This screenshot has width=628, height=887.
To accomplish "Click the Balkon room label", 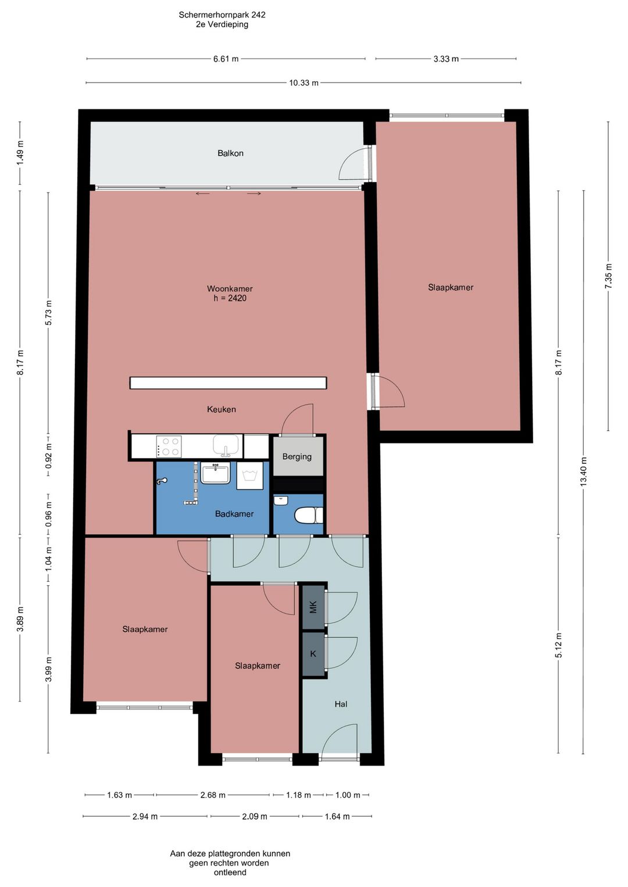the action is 230,153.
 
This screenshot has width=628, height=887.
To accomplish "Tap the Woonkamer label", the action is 230,289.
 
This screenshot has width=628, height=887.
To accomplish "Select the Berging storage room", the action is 297,456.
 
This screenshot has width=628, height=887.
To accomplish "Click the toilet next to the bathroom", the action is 309,516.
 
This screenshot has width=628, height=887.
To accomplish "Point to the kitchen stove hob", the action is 169,446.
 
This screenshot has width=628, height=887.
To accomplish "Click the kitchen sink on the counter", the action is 226,445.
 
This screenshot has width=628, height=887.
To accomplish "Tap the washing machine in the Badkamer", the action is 250,475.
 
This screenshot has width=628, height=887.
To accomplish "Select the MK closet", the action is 313,607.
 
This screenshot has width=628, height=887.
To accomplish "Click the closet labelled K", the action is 313,654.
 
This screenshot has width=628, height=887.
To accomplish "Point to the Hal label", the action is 341,704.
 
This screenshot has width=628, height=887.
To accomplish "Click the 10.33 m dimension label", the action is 304,83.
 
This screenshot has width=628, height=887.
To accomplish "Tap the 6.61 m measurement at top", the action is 226,59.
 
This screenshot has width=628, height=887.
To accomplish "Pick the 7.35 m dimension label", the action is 609,276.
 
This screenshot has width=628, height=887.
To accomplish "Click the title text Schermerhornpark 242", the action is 222,15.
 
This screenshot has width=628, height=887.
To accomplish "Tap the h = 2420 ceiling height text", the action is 230,298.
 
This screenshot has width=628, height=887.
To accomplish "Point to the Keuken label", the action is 222,409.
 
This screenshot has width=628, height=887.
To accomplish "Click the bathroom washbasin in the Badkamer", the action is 215,473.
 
